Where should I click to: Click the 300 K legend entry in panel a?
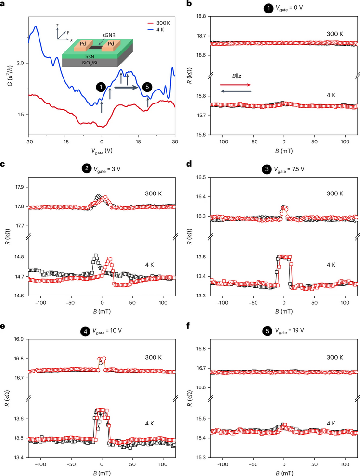pyautogui.click(x=159, y=23)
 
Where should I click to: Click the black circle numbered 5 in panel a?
pyautogui.click(x=148, y=87)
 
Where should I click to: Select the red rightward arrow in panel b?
pyautogui.click(x=236, y=85)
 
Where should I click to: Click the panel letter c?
pyautogui.click(x=3, y=165)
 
